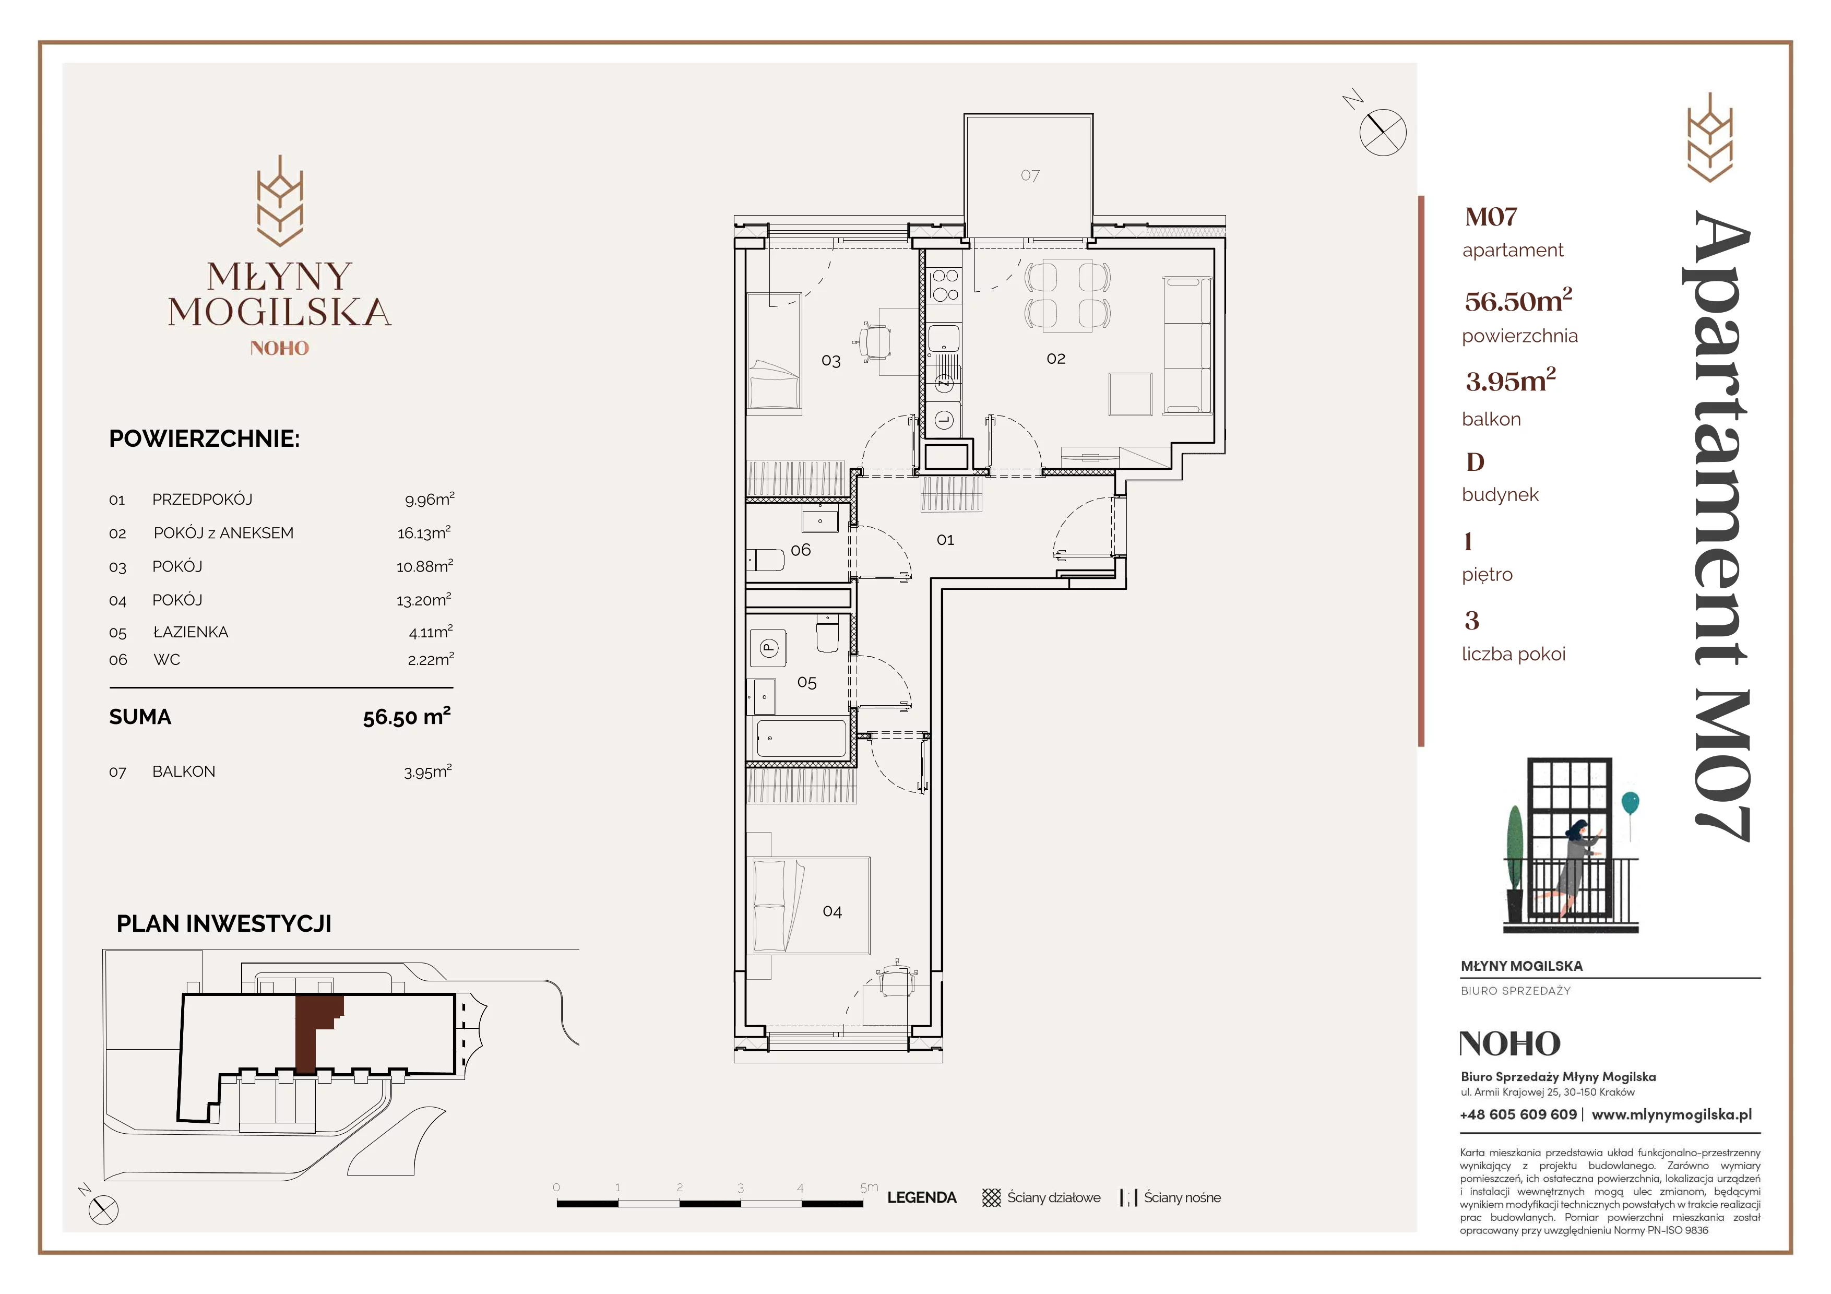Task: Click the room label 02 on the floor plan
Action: point(1056,359)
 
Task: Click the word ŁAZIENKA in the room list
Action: point(191,632)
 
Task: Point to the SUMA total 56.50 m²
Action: point(407,716)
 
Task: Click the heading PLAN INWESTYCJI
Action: point(224,923)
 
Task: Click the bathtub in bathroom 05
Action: point(800,738)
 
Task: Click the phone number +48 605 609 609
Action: point(1518,1114)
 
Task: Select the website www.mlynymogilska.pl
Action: point(1671,1114)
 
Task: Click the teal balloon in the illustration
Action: point(1630,802)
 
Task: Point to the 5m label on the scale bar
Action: point(869,1187)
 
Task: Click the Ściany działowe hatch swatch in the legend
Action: point(991,1197)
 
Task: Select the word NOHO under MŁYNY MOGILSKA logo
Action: point(279,348)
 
